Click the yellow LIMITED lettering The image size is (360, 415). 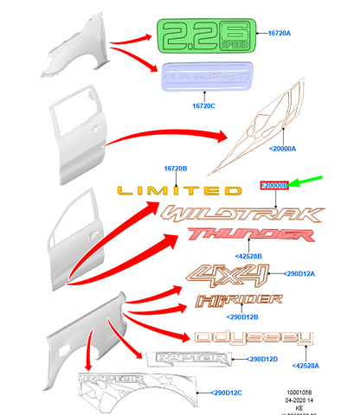179,190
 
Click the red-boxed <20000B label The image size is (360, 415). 275,186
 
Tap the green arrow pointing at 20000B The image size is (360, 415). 305,182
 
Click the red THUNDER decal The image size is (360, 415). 232,235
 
